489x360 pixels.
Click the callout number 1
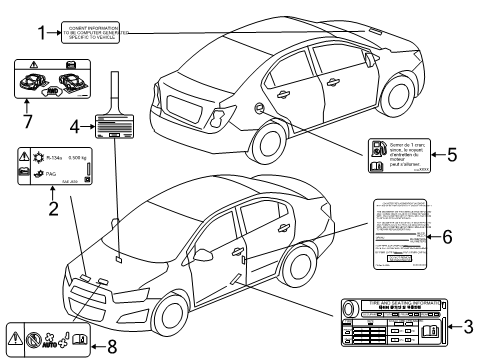42,32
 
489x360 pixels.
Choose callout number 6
447,238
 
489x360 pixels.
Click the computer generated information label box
96,32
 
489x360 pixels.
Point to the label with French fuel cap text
400,155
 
